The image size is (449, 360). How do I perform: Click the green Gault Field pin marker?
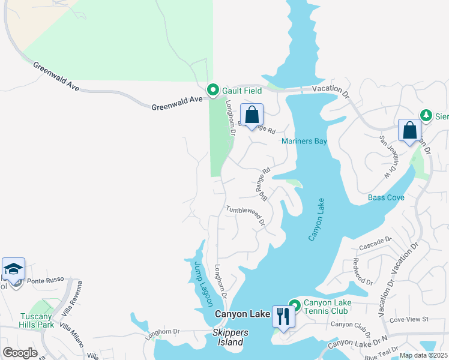(212, 90)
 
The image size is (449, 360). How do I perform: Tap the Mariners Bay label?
(304, 141)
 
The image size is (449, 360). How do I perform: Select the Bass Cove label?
(386, 197)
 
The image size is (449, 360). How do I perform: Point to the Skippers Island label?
(231, 337)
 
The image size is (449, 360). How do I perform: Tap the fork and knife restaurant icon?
(283, 316)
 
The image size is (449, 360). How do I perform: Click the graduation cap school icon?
(13, 269)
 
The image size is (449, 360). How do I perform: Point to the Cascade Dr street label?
(375, 244)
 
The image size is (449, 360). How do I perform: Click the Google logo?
(20, 353)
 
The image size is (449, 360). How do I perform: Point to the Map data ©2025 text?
(423, 355)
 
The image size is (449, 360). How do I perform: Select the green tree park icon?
(426, 114)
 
